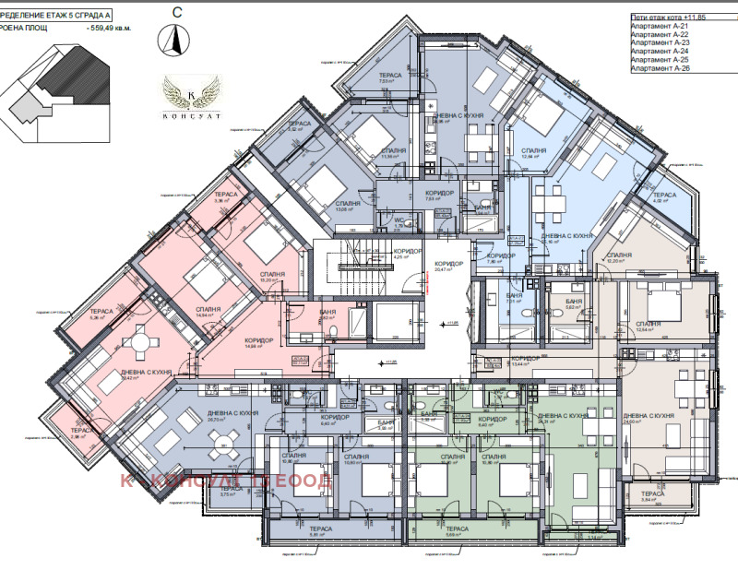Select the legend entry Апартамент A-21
659,27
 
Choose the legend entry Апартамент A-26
659,67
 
